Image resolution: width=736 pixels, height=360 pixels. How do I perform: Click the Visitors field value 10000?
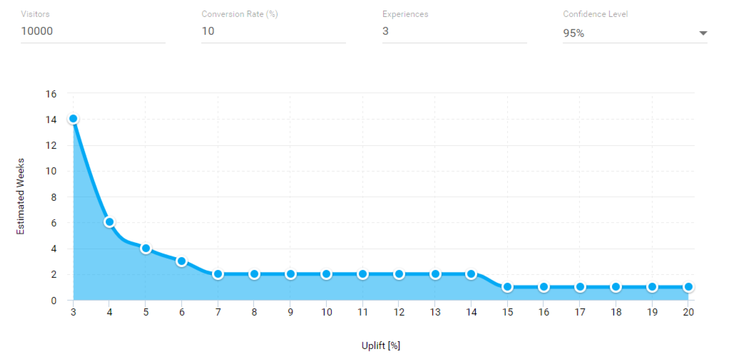[37, 31]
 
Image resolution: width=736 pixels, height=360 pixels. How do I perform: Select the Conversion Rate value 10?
[208, 31]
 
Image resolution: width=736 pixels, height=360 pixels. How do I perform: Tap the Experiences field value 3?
[385, 31]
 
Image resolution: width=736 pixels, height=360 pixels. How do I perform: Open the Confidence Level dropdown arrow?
[703, 33]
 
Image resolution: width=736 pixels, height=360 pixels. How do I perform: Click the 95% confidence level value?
[574, 33]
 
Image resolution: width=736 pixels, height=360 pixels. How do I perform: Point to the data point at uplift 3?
[73, 119]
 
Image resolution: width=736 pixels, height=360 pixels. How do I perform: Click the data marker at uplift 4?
[109, 222]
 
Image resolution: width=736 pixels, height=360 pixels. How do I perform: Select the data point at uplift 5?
[146, 248]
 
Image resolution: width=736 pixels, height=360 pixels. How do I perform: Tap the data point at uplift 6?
[182, 261]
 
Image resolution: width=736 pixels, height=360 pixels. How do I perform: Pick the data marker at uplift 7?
[218, 274]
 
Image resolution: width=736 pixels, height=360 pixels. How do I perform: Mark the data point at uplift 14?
[471, 274]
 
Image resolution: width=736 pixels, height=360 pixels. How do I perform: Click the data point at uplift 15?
[507, 287]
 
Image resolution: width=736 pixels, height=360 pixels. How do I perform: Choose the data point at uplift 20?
[688, 287]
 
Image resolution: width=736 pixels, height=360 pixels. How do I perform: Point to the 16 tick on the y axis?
[51, 94]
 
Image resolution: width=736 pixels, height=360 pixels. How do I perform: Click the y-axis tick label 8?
[54, 197]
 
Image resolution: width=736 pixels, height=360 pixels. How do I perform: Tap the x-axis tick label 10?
[326, 312]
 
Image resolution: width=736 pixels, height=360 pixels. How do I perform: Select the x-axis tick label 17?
[579, 312]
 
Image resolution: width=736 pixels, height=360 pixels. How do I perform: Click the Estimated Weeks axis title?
[20, 196]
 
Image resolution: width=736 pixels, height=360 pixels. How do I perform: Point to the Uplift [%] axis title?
[381, 346]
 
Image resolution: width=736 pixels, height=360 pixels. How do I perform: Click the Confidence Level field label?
[595, 14]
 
